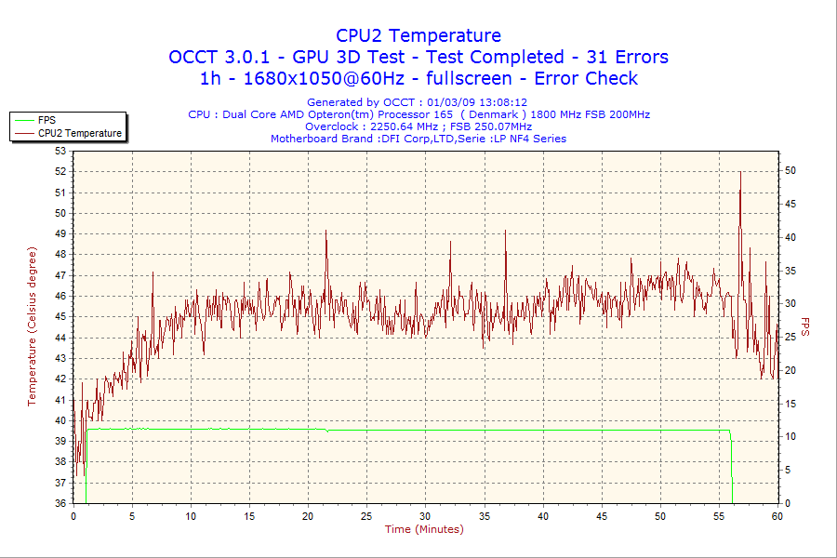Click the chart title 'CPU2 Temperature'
pos(418,35)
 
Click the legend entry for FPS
pos(46,120)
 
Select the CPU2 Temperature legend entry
pos(80,133)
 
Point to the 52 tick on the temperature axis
pos(61,171)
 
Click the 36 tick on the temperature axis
pos(61,503)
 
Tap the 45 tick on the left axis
pos(61,316)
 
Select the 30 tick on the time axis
pos(425,516)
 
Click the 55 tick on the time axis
pos(719,516)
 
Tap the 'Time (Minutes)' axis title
pos(424,529)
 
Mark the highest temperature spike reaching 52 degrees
pos(740,173)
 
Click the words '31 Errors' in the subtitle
pos(627,57)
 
